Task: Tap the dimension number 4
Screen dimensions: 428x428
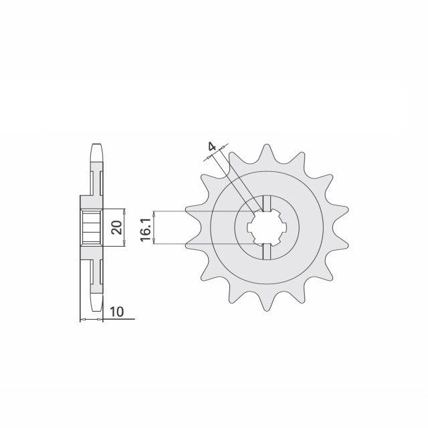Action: [212, 147]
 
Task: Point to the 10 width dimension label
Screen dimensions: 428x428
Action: [117, 312]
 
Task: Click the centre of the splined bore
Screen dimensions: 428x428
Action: [267, 227]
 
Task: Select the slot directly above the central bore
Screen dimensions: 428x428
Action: [267, 203]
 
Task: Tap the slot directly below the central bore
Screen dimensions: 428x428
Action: [267, 251]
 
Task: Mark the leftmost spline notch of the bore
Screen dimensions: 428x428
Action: [250, 227]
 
